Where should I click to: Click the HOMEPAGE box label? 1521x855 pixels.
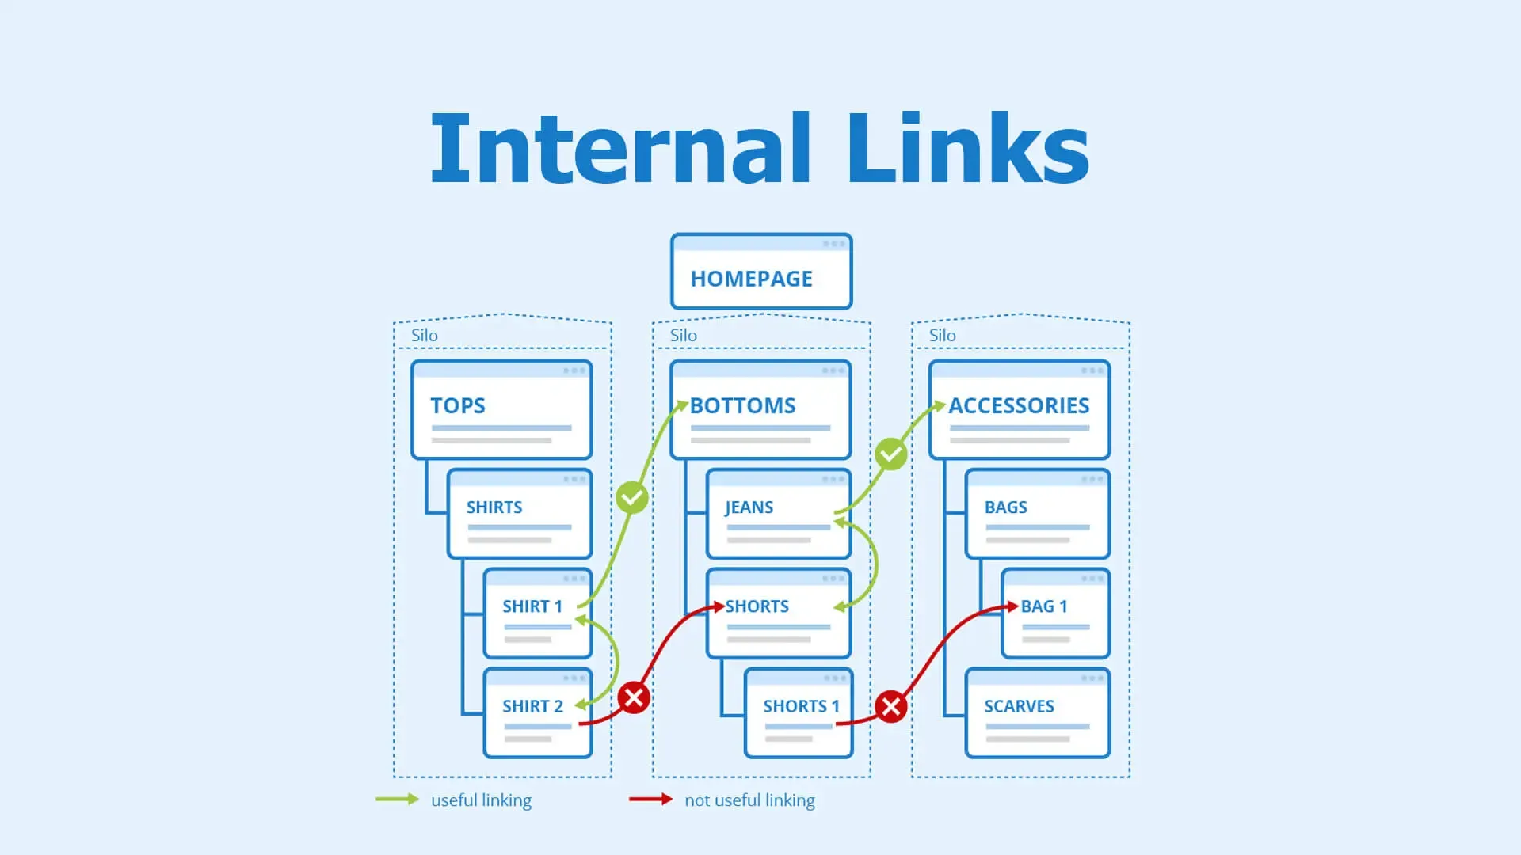[751, 279]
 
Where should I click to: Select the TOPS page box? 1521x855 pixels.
[501, 410]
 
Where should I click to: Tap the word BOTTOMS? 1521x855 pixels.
[742, 405]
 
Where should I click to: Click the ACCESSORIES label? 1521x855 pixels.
[1019, 405]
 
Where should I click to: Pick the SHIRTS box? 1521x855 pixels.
[519, 515]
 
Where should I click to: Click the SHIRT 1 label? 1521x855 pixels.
[532, 606]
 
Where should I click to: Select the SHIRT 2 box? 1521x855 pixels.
[537, 713]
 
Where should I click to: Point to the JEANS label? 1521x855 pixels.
[749, 507]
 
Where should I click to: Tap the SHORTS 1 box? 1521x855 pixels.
[798, 713]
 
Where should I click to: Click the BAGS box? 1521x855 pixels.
[1037, 515]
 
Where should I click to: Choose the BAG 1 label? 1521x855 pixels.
[1043, 606]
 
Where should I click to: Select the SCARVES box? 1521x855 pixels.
[1037, 713]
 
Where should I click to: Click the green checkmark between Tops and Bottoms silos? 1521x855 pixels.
[632, 498]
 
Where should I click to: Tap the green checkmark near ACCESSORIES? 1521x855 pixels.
[890, 454]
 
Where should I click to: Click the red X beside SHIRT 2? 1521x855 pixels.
[634, 697]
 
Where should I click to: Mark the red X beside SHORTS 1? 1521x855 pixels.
[890, 706]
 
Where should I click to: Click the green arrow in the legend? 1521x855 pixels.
[397, 800]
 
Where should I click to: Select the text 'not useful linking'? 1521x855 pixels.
[749, 800]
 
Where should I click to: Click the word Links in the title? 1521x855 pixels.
[968, 149]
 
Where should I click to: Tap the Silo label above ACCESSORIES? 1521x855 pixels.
[942, 335]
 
